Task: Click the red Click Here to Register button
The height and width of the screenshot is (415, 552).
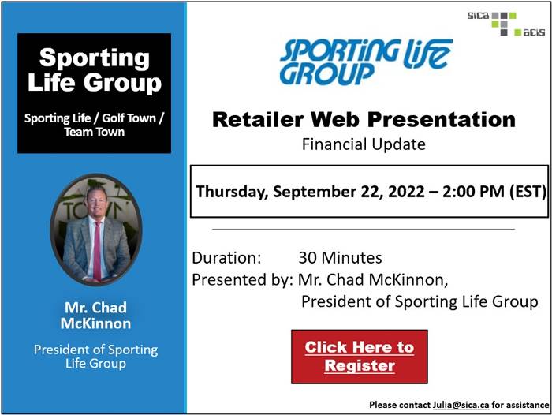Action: pos(360,357)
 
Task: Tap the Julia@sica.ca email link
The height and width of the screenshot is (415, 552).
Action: pos(461,405)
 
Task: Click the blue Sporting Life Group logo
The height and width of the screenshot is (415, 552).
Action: pos(366,62)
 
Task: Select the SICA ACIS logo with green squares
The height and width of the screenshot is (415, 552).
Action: pos(506,24)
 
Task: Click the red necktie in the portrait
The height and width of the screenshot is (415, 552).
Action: pos(97,250)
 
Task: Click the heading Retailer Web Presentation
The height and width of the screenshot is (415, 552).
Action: pos(364,119)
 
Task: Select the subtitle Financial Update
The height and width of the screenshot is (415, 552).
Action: pos(364,144)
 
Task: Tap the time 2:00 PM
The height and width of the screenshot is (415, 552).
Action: pos(473,191)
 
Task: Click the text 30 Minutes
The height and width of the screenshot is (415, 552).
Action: pos(340,257)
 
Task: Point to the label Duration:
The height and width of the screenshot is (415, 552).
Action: pos(227,257)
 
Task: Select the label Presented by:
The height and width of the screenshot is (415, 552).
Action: pos(243,280)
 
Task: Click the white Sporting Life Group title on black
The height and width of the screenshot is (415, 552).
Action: pos(95,69)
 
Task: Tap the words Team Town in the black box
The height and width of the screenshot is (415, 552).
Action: pos(95,132)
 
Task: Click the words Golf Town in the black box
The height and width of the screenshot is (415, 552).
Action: pos(129,118)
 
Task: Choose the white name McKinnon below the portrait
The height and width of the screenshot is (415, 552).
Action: pos(95,323)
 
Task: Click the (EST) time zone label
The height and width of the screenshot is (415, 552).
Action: pos(528,192)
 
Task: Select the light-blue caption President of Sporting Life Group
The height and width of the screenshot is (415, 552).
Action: pos(95,356)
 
